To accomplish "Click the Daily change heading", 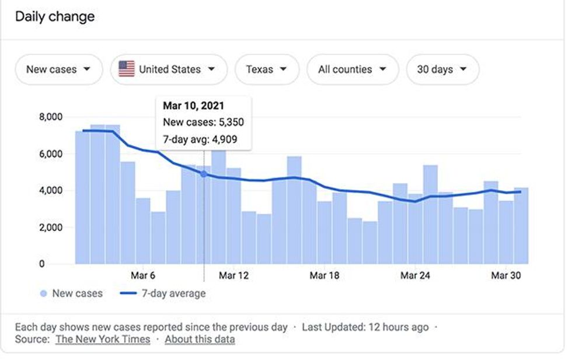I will click(55, 16).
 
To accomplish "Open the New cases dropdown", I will click(58, 69).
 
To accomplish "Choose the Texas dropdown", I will click(266, 69).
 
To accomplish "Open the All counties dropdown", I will click(352, 69).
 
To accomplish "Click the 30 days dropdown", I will click(442, 69).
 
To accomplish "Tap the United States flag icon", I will click(127, 69).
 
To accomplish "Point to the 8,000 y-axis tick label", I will click(50, 117).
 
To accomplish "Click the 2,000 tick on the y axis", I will click(50, 227).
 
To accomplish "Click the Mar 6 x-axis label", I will click(143, 275).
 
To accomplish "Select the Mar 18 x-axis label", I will click(325, 275).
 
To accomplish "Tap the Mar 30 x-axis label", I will click(506, 275).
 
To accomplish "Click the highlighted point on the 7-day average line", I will click(204, 173).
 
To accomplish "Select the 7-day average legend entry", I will click(164, 293).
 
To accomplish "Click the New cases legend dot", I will click(43, 293).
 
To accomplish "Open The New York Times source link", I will click(103, 339).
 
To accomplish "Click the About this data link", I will click(200, 339).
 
